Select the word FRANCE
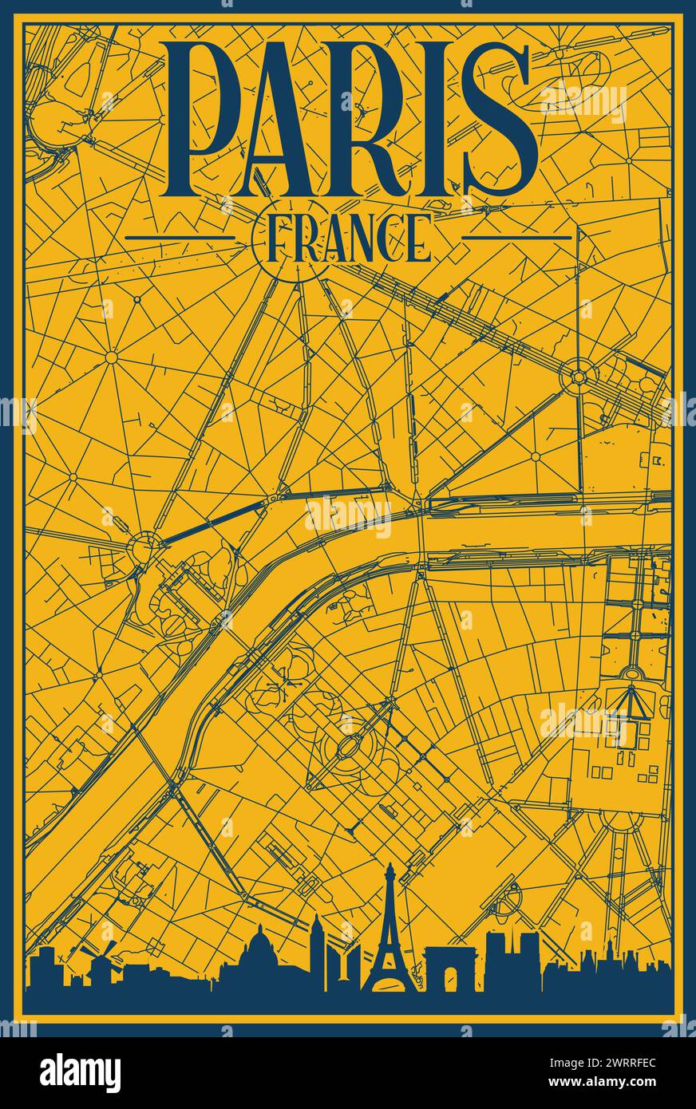347,238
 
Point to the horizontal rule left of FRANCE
180,238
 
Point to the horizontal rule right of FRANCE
517,238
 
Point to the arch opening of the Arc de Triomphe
452,980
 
